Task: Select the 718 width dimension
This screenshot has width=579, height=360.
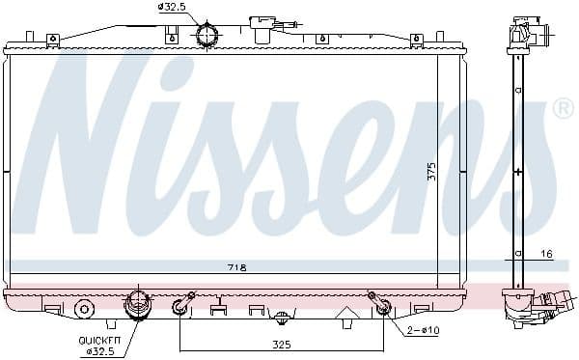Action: pos(237,267)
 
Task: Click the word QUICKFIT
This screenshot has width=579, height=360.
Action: pos(98,341)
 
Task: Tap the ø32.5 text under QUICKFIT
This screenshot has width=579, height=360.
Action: pos(99,351)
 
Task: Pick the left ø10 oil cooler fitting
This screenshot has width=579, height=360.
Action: pos(180,308)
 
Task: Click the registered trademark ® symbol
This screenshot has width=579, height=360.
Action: pos(562,109)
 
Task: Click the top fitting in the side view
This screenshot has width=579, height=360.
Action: pos(529,35)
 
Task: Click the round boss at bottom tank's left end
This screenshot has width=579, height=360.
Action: pos(84,309)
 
